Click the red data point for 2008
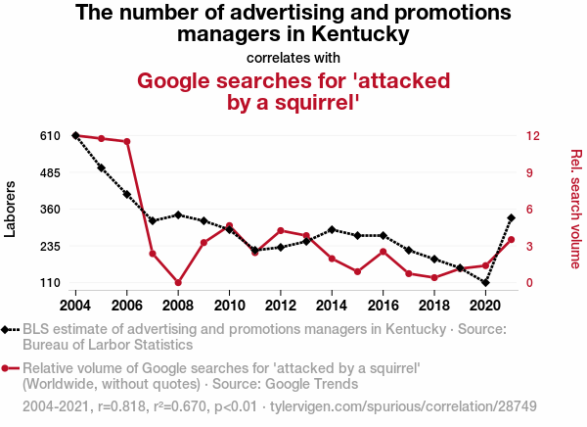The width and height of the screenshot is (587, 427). (178, 283)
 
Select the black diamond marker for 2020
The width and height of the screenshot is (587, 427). (485, 283)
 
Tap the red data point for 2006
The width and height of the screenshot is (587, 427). (127, 142)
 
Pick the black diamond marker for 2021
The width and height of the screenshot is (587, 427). (511, 217)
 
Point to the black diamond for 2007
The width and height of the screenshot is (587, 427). (153, 221)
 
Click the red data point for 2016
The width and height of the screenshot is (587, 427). (383, 252)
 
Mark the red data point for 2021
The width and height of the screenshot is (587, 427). (511, 240)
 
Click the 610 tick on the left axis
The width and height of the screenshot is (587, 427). (49, 135)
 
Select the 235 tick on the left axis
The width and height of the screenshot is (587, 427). (49, 246)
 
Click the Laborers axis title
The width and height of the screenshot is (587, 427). (12, 209)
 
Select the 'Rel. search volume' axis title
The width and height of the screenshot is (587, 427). (576, 209)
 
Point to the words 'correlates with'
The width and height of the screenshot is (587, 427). (293, 57)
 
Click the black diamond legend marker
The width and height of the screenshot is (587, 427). (9, 330)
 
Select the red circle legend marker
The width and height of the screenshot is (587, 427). (9, 368)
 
